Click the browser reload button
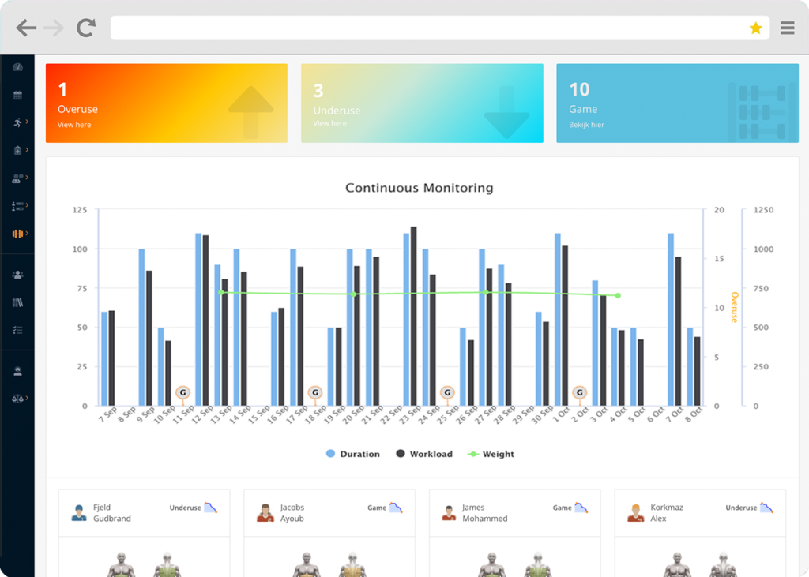tap(85, 28)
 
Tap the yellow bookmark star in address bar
tap(755, 28)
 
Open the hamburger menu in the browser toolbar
tap(787, 28)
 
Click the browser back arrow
tap(26, 28)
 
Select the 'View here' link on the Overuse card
tap(74, 125)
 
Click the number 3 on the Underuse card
tap(318, 90)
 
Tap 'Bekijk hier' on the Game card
tap(586, 125)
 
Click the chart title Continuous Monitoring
tap(419, 188)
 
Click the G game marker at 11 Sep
tap(182, 392)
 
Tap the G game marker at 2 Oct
tap(580, 392)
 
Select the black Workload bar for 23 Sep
tap(413, 316)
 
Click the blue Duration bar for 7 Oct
tap(671, 319)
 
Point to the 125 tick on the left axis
tap(79, 210)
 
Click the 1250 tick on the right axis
tap(763, 210)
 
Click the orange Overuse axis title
tap(733, 307)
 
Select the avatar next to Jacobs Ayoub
tap(265, 513)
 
